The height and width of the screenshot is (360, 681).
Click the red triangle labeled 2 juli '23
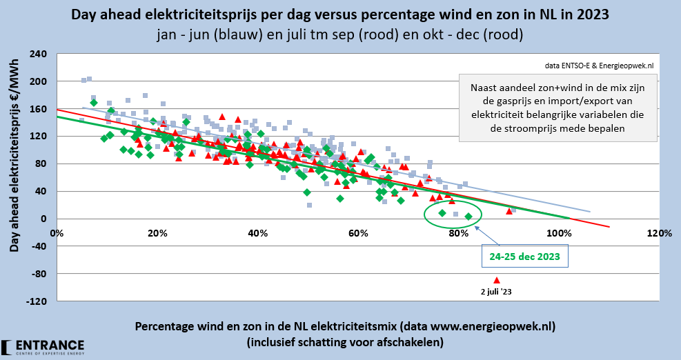pyautogui.click(x=496, y=280)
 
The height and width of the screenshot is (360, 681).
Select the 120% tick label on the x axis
pyautogui.click(x=659, y=233)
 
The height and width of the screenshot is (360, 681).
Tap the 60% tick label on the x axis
pyautogui.click(x=357, y=233)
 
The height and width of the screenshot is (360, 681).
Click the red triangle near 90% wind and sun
pyautogui.click(x=509, y=211)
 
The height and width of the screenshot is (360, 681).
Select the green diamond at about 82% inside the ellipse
pyautogui.click(x=468, y=217)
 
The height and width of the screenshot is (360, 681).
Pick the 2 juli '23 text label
pyautogui.click(x=496, y=292)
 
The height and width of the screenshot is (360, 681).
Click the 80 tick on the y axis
pyautogui.click(x=41, y=163)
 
